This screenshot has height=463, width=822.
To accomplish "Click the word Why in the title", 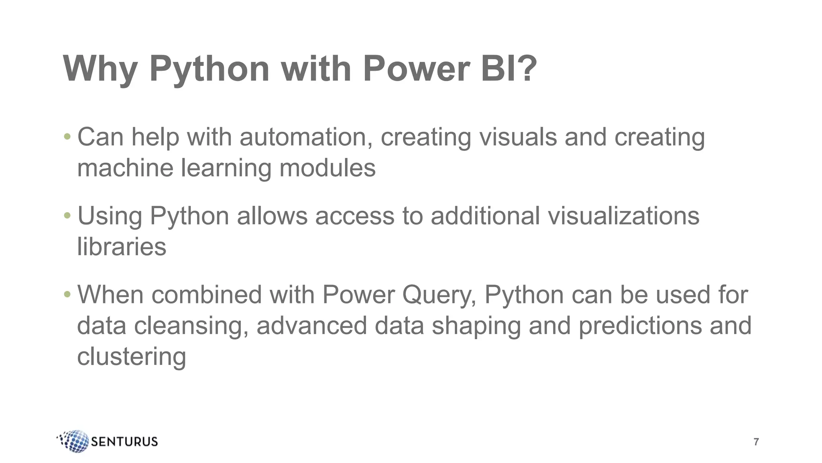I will pos(100,69).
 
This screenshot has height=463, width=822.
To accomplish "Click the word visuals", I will pos(518,137).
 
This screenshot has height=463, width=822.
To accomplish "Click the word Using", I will pos(110,216).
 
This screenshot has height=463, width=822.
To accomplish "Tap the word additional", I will pos(485,216).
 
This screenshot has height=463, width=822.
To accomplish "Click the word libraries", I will pos(122,246).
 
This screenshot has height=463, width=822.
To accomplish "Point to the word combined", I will pos(207,295).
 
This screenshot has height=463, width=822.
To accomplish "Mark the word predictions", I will pos(640,325).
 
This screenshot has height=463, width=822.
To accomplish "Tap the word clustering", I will pos(131,356).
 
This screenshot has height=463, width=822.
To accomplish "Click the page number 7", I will pos(756,442).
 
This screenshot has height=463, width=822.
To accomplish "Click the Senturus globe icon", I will pos(75,441).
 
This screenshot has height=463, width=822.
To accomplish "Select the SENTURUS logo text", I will pos(124,442).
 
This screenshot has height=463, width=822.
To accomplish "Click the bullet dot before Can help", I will pos(67,137).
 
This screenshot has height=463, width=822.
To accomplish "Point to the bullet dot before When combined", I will pos(67,295).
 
